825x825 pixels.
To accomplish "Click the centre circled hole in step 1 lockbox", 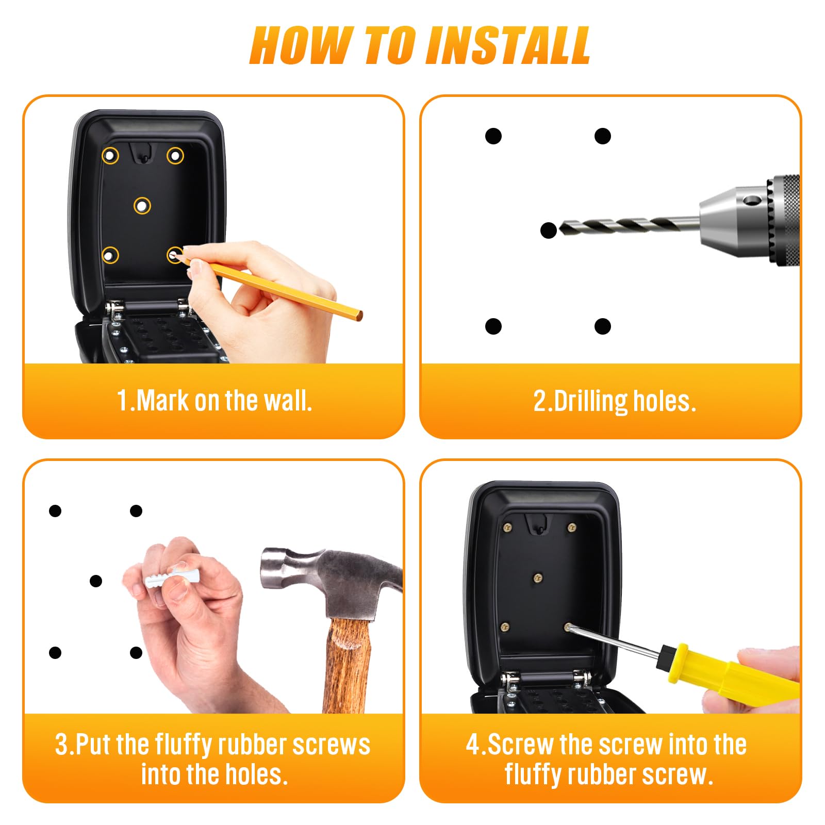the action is click(x=142, y=206).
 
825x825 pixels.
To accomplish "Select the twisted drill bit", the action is click(x=629, y=225).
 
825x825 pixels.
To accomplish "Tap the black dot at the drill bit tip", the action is click(x=549, y=230).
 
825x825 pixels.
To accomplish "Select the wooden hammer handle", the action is click(x=349, y=665).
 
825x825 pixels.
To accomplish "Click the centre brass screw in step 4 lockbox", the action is click(x=538, y=577).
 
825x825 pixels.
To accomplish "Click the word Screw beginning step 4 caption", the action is click(x=521, y=745).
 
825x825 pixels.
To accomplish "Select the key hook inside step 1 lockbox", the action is click(x=143, y=153).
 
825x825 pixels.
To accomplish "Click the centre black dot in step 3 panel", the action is click(x=96, y=581).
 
